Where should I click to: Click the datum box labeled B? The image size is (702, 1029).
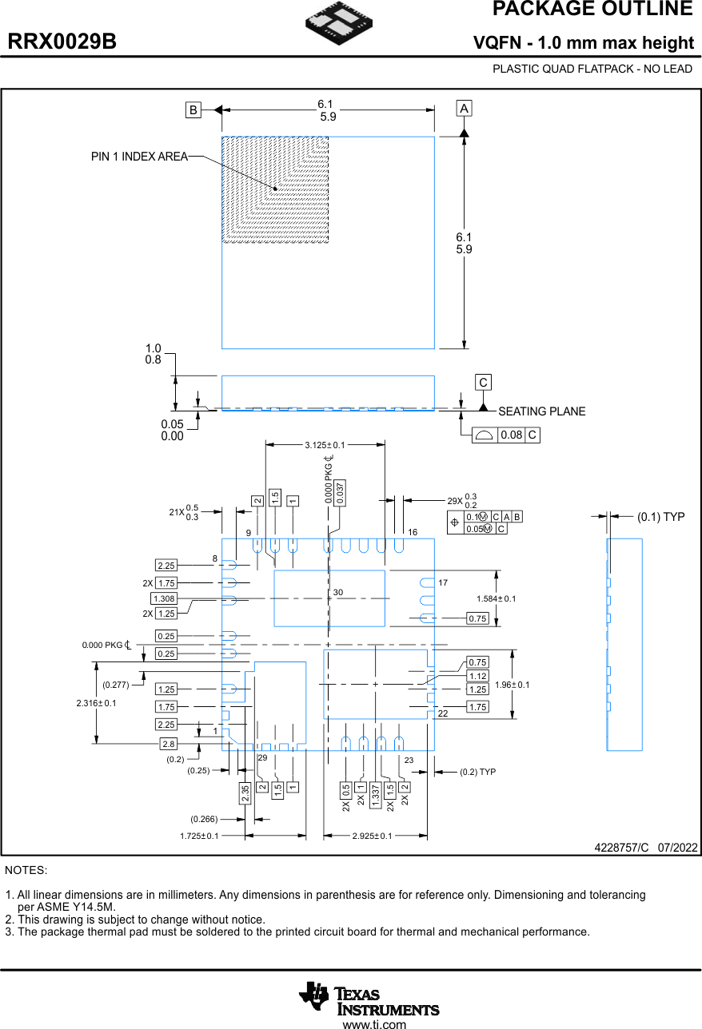pyautogui.click(x=193, y=111)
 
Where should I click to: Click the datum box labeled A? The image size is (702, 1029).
pyautogui.click(x=464, y=108)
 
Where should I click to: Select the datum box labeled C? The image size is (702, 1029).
pyautogui.click(x=483, y=383)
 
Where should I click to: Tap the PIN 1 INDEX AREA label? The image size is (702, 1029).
pyautogui.click(x=139, y=157)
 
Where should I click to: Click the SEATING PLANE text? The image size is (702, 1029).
pyautogui.click(x=541, y=411)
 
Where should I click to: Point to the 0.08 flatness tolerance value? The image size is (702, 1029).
pyautogui.click(x=511, y=435)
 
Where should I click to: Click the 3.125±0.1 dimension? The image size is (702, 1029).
pyautogui.click(x=325, y=445)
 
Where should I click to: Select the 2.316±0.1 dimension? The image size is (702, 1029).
pyautogui.click(x=96, y=703)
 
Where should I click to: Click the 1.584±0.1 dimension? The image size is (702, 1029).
pyautogui.click(x=497, y=598)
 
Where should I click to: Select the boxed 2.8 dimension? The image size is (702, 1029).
pyautogui.click(x=168, y=744)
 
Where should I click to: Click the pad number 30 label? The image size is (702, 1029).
pyautogui.click(x=338, y=593)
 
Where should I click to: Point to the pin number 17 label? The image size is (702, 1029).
pyautogui.click(x=443, y=582)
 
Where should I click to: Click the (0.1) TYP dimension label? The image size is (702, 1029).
pyautogui.click(x=660, y=517)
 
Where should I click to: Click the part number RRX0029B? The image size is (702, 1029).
pyautogui.click(x=62, y=42)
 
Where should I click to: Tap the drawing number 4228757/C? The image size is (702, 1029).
pyautogui.click(x=621, y=847)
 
